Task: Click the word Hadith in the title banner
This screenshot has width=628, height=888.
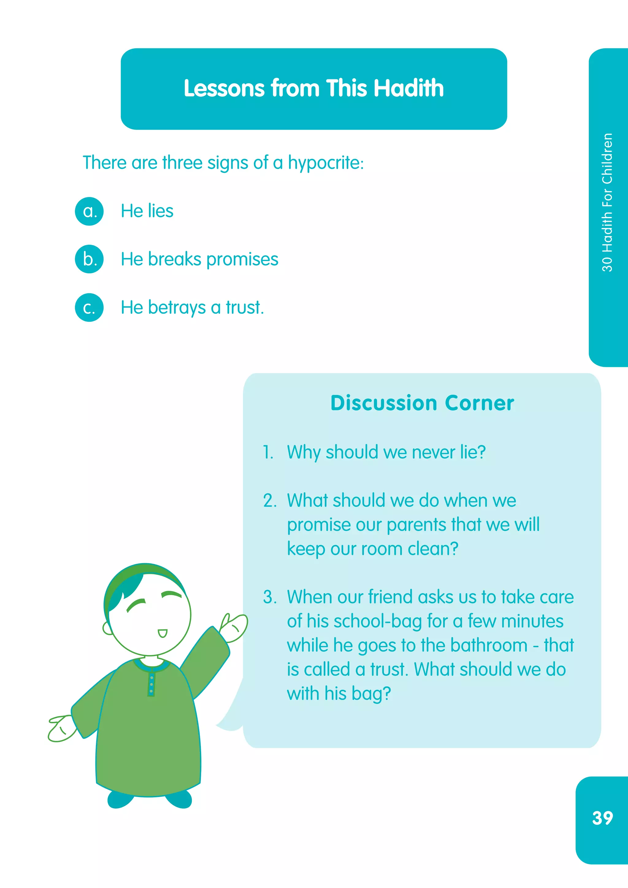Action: tap(409, 88)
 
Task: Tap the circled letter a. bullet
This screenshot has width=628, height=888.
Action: tap(89, 211)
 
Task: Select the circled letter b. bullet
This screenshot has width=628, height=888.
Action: tap(89, 259)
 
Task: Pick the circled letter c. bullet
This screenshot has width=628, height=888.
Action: tap(89, 307)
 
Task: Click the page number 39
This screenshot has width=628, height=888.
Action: tap(602, 818)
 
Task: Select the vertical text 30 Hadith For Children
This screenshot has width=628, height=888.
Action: tap(607, 202)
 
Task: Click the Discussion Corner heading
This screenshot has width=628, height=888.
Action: tap(422, 403)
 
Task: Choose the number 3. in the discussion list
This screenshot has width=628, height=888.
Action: tap(270, 597)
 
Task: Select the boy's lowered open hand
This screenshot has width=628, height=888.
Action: tap(62, 728)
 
